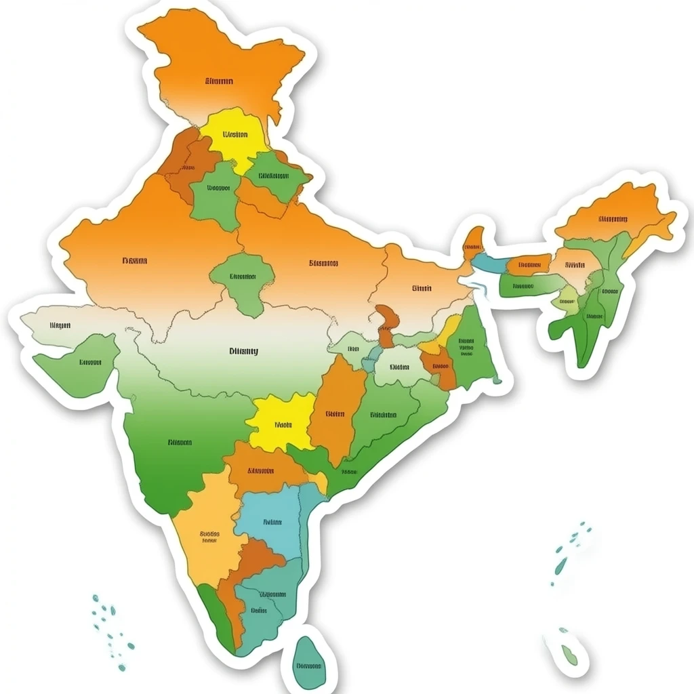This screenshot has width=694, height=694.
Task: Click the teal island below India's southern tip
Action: coord(308,664)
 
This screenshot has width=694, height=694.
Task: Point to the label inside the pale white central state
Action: coord(243,351)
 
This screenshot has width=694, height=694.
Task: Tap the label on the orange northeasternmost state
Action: coord(613,219)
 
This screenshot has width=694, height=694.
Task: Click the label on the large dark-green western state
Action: coord(180,443)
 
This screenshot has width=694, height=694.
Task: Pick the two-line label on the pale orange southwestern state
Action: coord(209,537)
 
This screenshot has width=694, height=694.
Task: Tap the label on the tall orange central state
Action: coord(335,413)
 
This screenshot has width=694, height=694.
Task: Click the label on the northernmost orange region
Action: coord(219,81)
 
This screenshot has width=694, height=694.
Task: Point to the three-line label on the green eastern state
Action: coord(466,347)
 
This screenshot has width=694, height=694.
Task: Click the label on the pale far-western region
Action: coord(60,325)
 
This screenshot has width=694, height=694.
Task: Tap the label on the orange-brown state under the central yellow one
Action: coord(260,470)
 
